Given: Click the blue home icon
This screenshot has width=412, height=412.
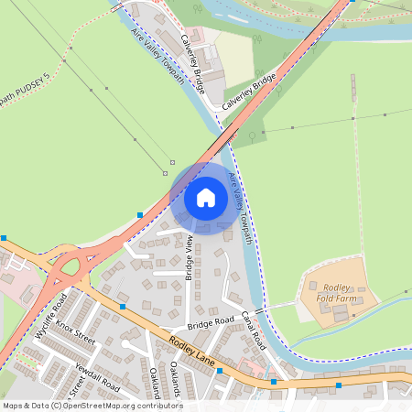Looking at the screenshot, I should pos(206,197).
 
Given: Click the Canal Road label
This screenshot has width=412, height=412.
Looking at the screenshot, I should pos(253,327).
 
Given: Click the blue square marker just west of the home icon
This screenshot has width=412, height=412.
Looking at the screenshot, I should pos(140,214).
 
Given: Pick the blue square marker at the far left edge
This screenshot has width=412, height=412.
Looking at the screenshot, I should pos(4,237).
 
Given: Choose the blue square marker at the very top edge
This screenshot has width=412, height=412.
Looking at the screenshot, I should pos(163,3).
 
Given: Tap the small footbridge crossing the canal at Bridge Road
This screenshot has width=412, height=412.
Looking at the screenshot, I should pos(260,312).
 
